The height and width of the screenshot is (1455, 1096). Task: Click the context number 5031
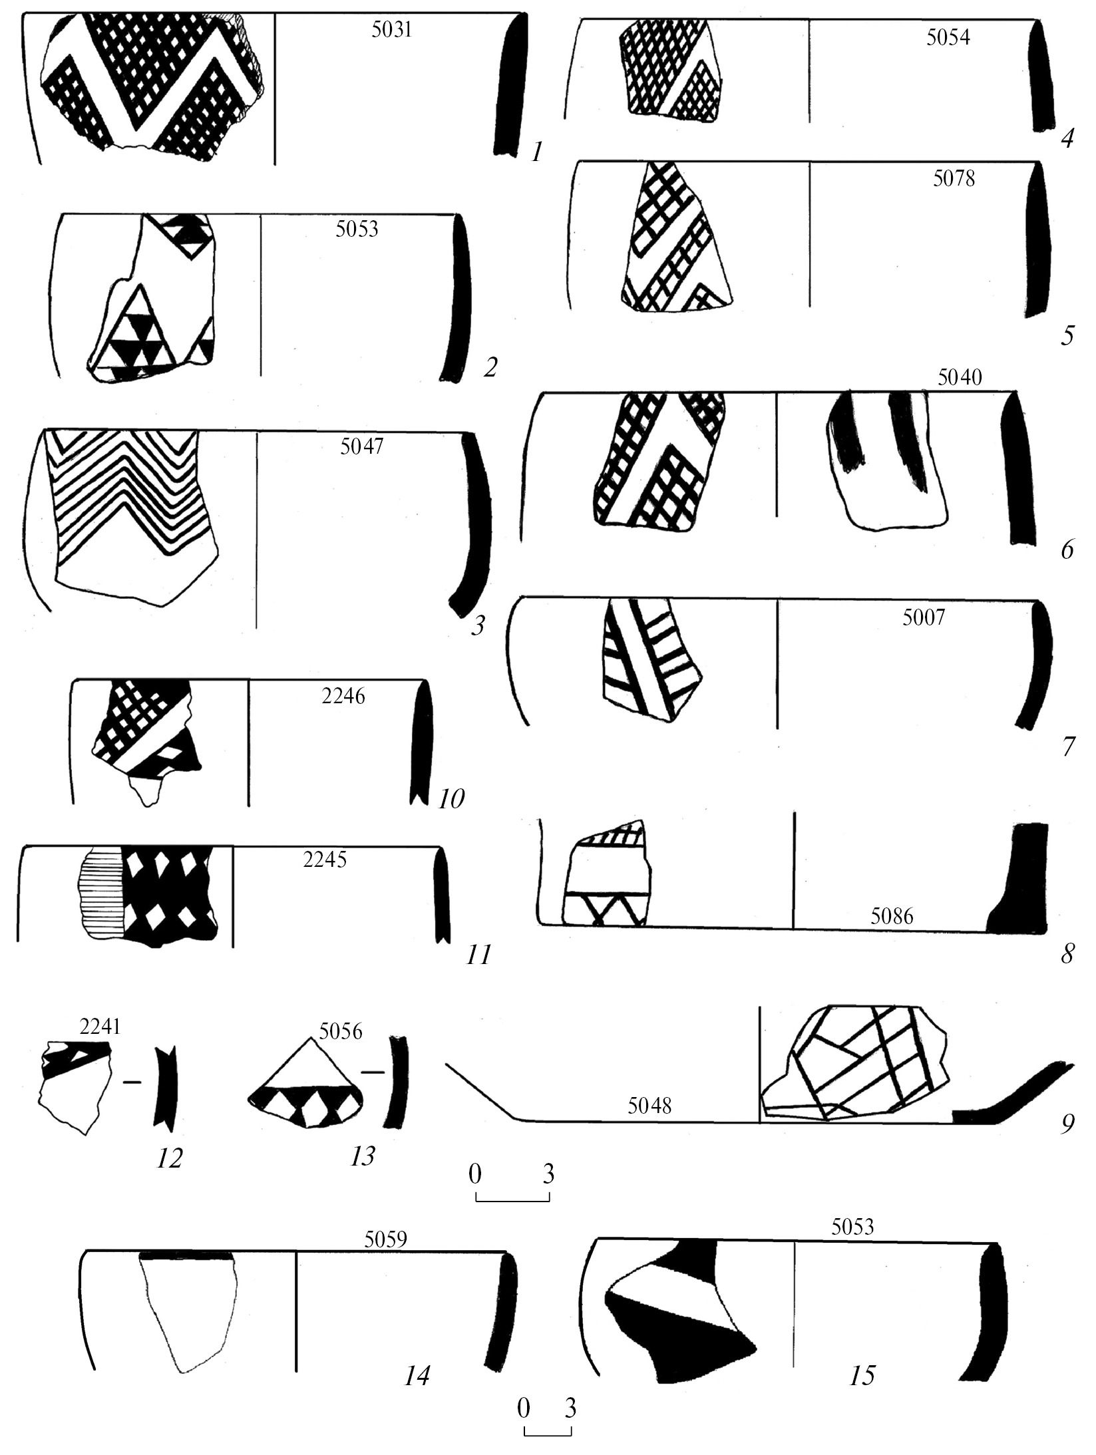392,31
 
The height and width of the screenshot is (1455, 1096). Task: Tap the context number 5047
361,446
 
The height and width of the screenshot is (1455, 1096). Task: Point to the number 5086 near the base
892,917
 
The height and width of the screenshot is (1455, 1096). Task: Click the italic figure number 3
477,626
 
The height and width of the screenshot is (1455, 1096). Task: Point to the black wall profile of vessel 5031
511,85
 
